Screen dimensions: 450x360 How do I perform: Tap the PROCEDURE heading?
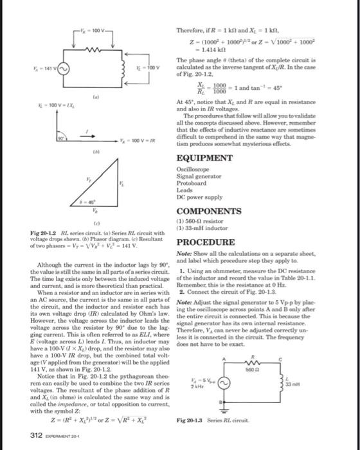pos(206,242)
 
